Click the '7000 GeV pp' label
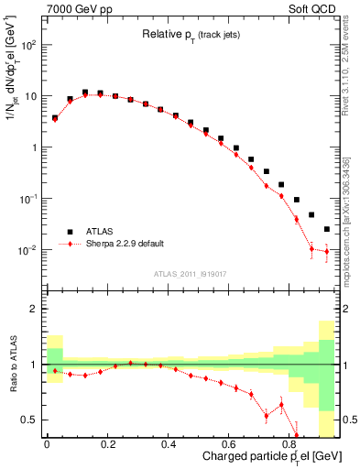74,9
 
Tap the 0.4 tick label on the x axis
169,444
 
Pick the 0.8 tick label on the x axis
291,444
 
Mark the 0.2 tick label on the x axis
107,444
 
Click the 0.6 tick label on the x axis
230,444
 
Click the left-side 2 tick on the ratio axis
35,309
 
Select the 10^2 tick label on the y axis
27,44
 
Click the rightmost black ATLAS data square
327,229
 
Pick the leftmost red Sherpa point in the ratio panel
54,371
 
